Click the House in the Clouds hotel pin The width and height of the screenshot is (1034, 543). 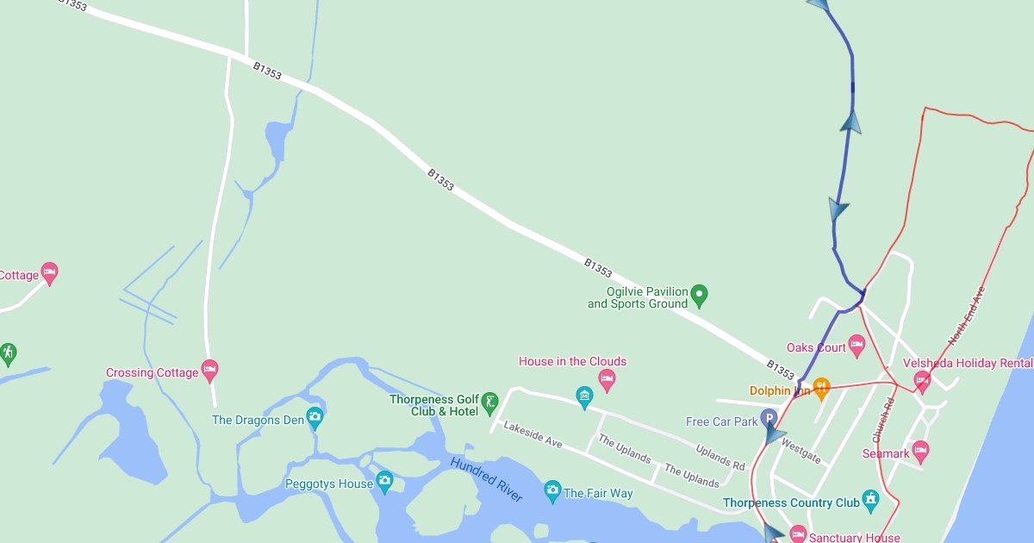(x=607, y=378)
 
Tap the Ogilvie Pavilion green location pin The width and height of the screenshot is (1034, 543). (x=700, y=296)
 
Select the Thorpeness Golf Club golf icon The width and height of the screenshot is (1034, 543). (x=489, y=401)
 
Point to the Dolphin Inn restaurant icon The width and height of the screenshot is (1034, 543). (x=821, y=387)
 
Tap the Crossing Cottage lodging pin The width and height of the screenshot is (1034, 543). (x=209, y=370)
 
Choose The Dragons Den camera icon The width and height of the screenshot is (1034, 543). (x=315, y=418)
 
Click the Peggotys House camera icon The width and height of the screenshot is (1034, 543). (x=384, y=480)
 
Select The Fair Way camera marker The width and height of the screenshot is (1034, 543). (x=552, y=491)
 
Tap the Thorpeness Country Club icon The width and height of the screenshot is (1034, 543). (x=871, y=500)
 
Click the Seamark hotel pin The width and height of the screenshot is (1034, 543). (x=920, y=450)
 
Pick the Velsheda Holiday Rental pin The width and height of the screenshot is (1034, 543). (x=922, y=378)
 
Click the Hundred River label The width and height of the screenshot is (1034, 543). (x=486, y=479)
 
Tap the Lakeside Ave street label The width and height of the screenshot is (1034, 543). (x=533, y=434)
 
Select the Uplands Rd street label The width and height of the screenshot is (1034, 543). (x=720, y=458)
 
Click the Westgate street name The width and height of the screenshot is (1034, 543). (x=800, y=452)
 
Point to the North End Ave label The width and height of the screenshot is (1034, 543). (x=966, y=317)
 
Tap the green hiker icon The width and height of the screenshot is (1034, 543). (x=8, y=353)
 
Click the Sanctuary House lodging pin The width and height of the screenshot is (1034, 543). (x=798, y=534)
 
